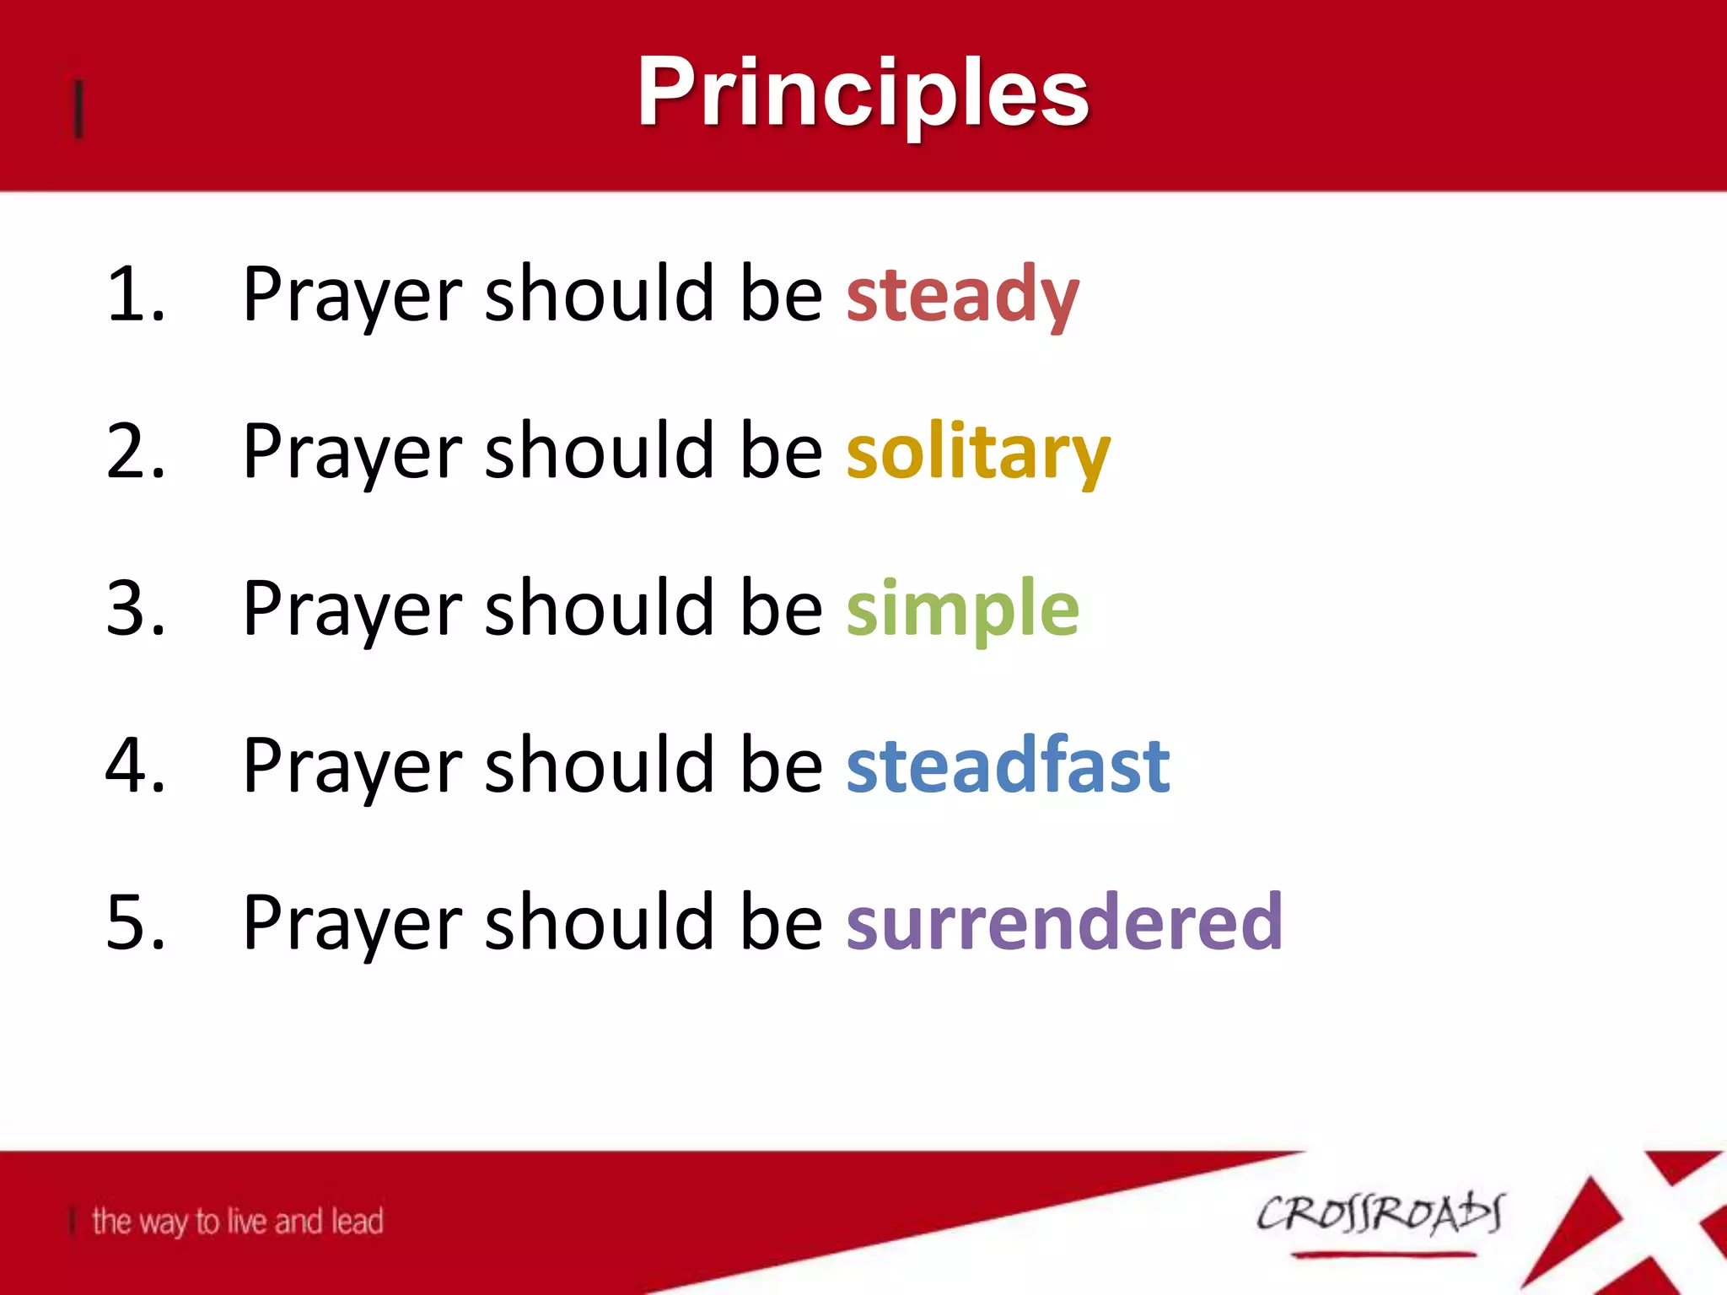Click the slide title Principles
(x=863, y=93)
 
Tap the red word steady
(x=962, y=295)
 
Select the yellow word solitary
(x=978, y=452)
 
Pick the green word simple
(x=962, y=609)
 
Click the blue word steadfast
(x=1008, y=766)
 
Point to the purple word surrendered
(x=1064, y=922)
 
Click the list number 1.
(x=135, y=295)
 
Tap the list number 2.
(x=135, y=452)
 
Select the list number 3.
(x=135, y=609)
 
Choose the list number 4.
(x=135, y=766)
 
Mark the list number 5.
(x=135, y=922)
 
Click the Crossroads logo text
(x=1380, y=1214)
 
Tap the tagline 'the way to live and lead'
(x=237, y=1222)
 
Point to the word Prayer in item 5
(x=353, y=924)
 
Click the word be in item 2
(x=781, y=452)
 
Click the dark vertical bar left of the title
(x=78, y=109)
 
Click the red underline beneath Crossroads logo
(x=1383, y=1255)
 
